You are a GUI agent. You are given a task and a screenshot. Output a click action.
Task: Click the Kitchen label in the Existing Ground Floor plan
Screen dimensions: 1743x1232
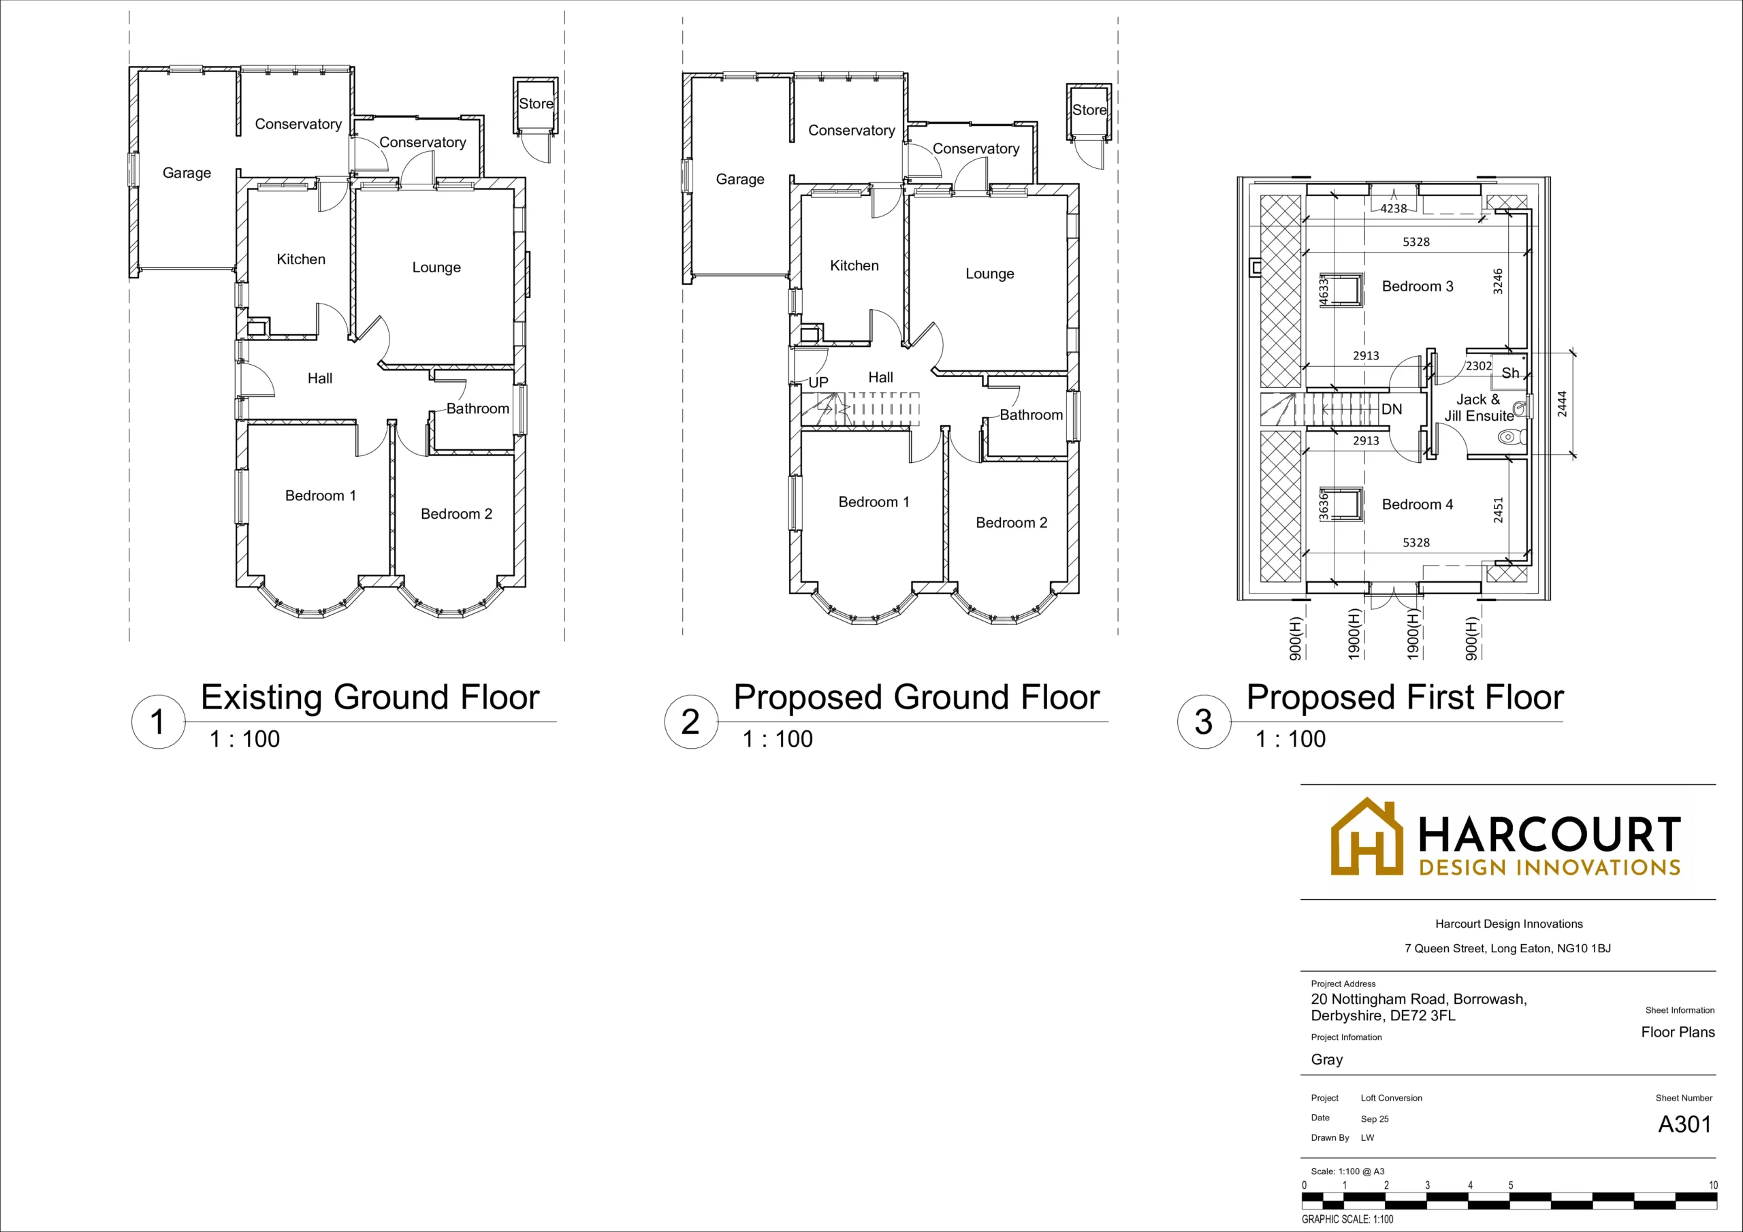(x=301, y=259)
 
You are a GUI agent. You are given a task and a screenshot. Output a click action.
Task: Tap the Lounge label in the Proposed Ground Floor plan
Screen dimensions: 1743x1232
(x=989, y=274)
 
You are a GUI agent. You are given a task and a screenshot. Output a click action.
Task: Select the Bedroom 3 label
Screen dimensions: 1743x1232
(x=1418, y=286)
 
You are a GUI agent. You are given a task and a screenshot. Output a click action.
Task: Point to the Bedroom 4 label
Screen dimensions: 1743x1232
(x=1418, y=505)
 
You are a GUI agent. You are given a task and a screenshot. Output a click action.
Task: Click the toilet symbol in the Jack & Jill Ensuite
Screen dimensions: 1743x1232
(x=1512, y=436)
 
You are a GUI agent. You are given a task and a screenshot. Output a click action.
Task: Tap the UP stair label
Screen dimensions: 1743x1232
(x=818, y=383)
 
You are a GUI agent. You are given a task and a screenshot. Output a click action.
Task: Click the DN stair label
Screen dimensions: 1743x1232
(x=1392, y=409)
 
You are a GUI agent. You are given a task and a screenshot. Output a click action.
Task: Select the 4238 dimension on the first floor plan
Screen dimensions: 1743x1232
(x=1394, y=208)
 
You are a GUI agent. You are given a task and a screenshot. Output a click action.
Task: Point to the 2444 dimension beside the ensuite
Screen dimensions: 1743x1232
(x=1562, y=404)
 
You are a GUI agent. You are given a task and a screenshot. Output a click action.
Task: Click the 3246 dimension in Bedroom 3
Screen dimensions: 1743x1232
(x=1498, y=282)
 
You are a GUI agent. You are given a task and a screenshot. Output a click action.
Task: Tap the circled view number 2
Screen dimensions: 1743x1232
(x=691, y=722)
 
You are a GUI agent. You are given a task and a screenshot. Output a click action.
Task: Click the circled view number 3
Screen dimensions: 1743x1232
(x=1204, y=722)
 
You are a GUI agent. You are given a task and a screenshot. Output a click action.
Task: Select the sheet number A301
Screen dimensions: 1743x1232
(x=1684, y=1124)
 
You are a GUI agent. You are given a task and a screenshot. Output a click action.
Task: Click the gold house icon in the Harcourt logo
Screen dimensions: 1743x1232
(x=1367, y=837)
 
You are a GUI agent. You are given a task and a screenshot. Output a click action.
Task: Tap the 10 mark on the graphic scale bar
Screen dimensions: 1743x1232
(x=1714, y=1185)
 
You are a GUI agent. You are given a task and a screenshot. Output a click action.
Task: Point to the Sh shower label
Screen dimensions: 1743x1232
(x=1510, y=373)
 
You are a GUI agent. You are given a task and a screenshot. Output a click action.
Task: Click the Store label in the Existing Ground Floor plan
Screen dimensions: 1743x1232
(x=536, y=104)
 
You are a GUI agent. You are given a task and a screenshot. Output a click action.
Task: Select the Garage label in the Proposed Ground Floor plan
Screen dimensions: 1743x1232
(x=740, y=180)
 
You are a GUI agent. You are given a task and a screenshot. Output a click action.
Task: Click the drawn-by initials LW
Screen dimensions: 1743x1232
(x=1367, y=1138)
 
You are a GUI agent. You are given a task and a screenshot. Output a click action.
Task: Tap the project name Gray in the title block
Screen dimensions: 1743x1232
(x=1327, y=1060)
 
